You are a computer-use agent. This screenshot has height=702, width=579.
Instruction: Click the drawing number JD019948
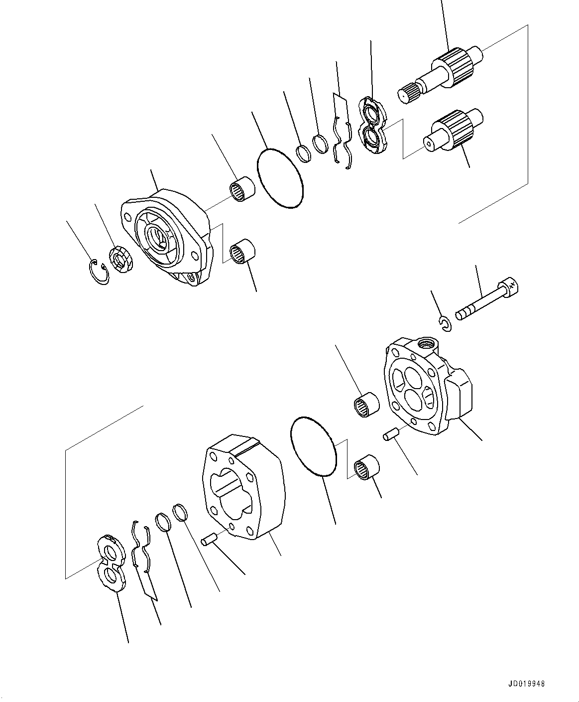[x=527, y=684]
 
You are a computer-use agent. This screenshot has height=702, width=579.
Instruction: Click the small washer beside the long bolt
[x=446, y=324]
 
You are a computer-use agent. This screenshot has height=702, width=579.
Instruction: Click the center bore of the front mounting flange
[x=159, y=237]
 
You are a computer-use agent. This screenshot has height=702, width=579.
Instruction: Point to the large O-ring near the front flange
[x=280, y=177]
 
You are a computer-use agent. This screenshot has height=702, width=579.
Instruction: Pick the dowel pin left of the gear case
[x=208, y=540]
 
